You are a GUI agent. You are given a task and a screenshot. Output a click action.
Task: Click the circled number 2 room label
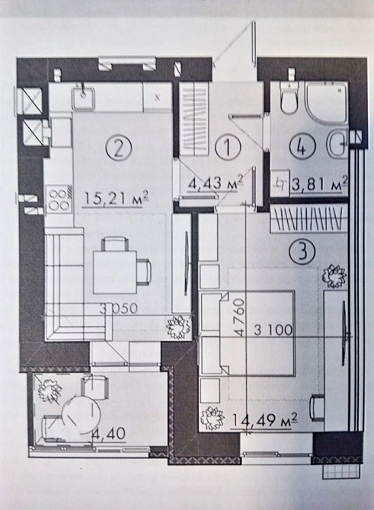[x=119, y=148]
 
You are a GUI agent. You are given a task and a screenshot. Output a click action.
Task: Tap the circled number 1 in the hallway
[x=228, y=147]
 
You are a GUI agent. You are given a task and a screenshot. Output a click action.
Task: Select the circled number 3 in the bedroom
[x=302, y=251]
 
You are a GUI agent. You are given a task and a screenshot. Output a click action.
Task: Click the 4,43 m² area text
[x=216, y=183]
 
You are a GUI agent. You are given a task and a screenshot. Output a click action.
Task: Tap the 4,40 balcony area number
[x=108, y=433]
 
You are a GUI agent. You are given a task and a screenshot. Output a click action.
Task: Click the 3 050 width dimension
[x=119, y=308]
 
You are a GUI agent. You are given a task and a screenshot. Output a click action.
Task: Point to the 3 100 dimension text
[x=273, y=330]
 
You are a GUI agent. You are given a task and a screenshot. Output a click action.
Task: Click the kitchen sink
[x=84, y=97]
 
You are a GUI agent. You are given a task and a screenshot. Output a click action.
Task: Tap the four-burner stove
[x=59, y=199]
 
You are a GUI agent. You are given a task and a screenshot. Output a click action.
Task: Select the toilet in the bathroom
[x=289, y=97]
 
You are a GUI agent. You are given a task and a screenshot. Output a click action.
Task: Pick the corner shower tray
[x=326, y=104]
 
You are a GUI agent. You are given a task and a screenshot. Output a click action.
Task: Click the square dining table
[x=114, y=272]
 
